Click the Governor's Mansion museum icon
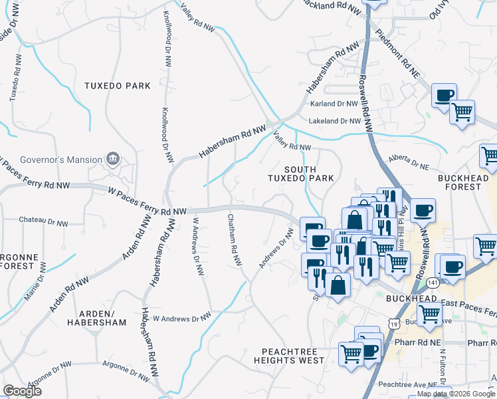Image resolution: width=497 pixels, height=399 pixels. coord(113,159)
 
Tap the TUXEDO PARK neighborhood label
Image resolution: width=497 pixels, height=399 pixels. coord(117,86)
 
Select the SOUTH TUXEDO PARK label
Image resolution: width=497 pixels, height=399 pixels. coord(300,174)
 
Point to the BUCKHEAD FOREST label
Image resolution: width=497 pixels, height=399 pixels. coord(468,182)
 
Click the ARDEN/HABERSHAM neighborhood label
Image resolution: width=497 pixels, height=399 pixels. coord(96,318)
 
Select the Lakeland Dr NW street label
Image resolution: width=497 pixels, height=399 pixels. coord(334,122)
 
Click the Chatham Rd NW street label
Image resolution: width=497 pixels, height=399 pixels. coord(234,241)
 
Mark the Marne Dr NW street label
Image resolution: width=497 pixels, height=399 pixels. coord(35,282)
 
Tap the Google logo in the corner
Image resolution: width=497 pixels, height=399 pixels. coord(22,391)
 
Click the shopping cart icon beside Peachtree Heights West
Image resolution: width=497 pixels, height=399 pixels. coord(351,353)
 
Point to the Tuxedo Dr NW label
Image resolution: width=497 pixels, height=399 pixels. coord(15,83)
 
